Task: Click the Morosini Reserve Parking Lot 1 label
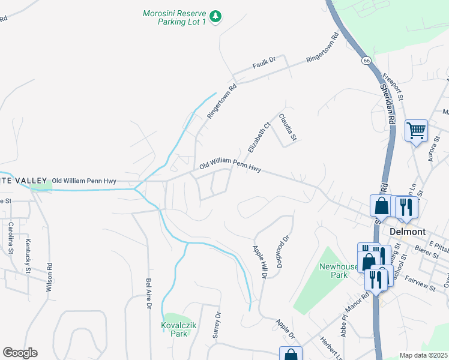tap(173, 17)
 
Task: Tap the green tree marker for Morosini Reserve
tap(218, 15)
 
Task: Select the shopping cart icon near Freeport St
tap(416, 130)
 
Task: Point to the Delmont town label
tap(408, 231)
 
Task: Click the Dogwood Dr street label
tap(286, 246)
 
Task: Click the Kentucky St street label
tap(28, 256)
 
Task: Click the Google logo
tap(20, 353)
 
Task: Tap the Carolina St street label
tap(11, 238)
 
